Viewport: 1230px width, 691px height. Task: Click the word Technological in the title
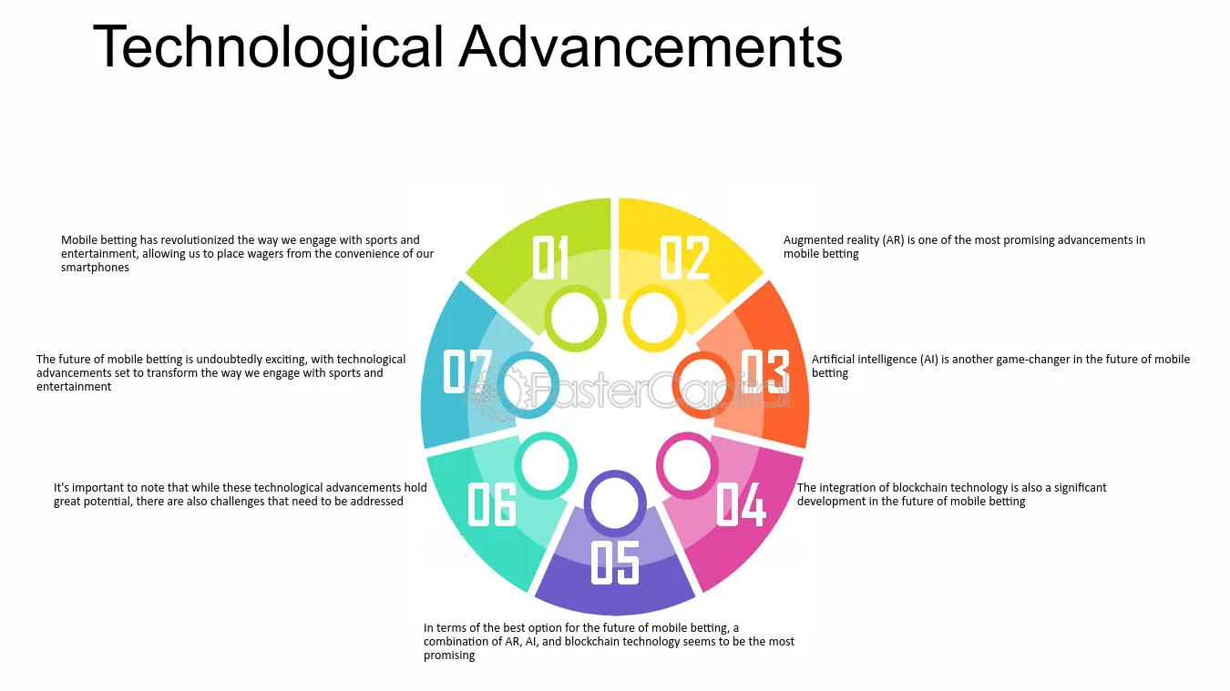coord(268,48)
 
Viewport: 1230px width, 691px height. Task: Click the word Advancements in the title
coord(651,46)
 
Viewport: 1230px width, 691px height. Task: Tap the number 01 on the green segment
coord(550,258)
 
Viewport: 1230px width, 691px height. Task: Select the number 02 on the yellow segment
coord(684,258)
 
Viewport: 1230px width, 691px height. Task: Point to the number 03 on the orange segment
coord(765,371)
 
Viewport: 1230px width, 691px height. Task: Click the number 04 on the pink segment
coord(741,503)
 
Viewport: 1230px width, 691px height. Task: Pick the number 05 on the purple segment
coord(615,562)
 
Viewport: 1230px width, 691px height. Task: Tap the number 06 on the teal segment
coord(491,503)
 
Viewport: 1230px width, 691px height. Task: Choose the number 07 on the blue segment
coord(466,371)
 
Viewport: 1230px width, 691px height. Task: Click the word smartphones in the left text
coord(95,268)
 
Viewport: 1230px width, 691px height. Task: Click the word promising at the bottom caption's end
coord(449,655)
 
